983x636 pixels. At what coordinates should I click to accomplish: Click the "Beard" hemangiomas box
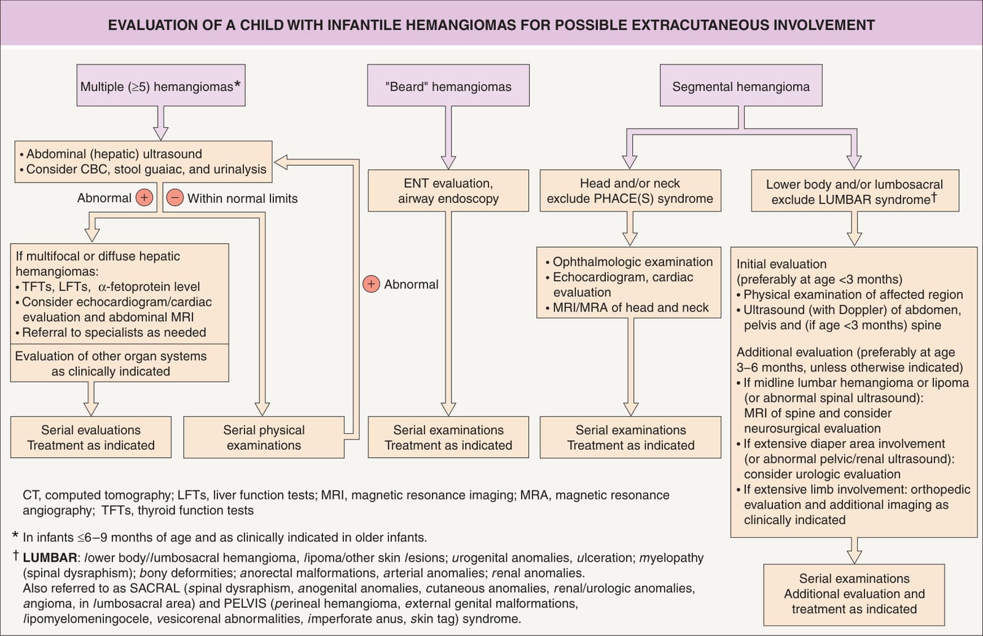tap(448, 85)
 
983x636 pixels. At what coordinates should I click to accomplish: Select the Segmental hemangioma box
tap(741, 85)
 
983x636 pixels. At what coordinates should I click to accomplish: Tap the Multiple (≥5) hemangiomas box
tap(161, 85)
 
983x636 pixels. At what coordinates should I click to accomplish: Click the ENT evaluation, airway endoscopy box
tap(448, 190)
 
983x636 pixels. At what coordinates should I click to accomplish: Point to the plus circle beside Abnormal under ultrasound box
tap(144, 198)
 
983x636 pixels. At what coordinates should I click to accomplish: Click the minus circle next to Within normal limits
tap(174, 198)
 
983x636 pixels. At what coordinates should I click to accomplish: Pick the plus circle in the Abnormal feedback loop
tap(371, 284)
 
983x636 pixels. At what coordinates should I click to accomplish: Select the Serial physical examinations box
tap(264, 437)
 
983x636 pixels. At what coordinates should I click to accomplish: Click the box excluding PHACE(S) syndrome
tap(630, 190)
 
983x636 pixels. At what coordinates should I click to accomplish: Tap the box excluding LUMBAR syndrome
tap(855, 190)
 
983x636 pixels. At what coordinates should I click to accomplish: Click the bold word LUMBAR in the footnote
tap(50, 557)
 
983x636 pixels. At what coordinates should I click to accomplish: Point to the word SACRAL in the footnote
tap(155, 588)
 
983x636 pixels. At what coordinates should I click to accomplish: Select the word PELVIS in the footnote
tap(245, 603)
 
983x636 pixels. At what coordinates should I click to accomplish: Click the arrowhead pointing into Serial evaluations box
tap(91, 409)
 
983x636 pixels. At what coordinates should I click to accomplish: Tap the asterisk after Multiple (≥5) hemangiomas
tap(237, 84)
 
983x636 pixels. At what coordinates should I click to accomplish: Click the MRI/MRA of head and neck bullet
tap(627, 307)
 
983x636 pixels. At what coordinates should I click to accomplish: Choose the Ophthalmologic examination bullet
tap(629, 262)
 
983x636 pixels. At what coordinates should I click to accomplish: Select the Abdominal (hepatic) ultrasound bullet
tap(111, 154)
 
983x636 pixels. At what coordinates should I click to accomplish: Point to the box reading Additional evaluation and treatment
tap(854, 595)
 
